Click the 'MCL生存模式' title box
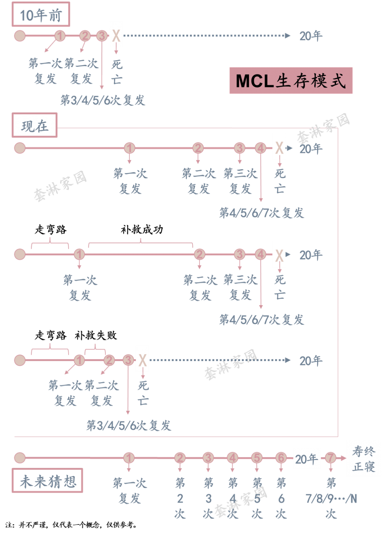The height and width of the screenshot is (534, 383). point(291,80)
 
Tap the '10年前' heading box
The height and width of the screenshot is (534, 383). point(41,15)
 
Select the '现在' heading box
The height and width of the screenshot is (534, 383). point(34,125)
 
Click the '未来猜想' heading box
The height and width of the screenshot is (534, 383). point(48,481)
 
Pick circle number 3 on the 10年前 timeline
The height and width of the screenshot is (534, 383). point(102,36)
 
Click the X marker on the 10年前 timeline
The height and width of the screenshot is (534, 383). point(116,36)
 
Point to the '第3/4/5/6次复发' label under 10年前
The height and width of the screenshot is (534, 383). point(103,100)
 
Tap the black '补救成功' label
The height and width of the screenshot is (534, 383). point(142,229)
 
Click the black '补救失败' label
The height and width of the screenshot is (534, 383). point(96,335)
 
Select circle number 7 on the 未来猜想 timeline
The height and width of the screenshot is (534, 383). point(331,458)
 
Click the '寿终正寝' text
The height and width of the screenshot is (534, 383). point(364,459)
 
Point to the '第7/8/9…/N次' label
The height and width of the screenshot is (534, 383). point(331,498)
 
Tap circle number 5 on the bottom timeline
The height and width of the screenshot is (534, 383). point(257,458)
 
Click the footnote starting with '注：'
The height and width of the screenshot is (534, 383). point(71,525)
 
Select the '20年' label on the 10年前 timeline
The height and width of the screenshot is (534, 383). point(311,36)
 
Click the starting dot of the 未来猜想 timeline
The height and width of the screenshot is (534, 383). point(20,458)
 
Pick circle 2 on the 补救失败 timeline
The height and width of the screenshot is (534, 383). point(109,360)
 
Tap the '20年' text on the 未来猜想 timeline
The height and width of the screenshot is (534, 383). point(306,459)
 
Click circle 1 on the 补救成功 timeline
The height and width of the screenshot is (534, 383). point(79,254)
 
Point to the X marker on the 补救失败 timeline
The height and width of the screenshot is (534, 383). point(143,360)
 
